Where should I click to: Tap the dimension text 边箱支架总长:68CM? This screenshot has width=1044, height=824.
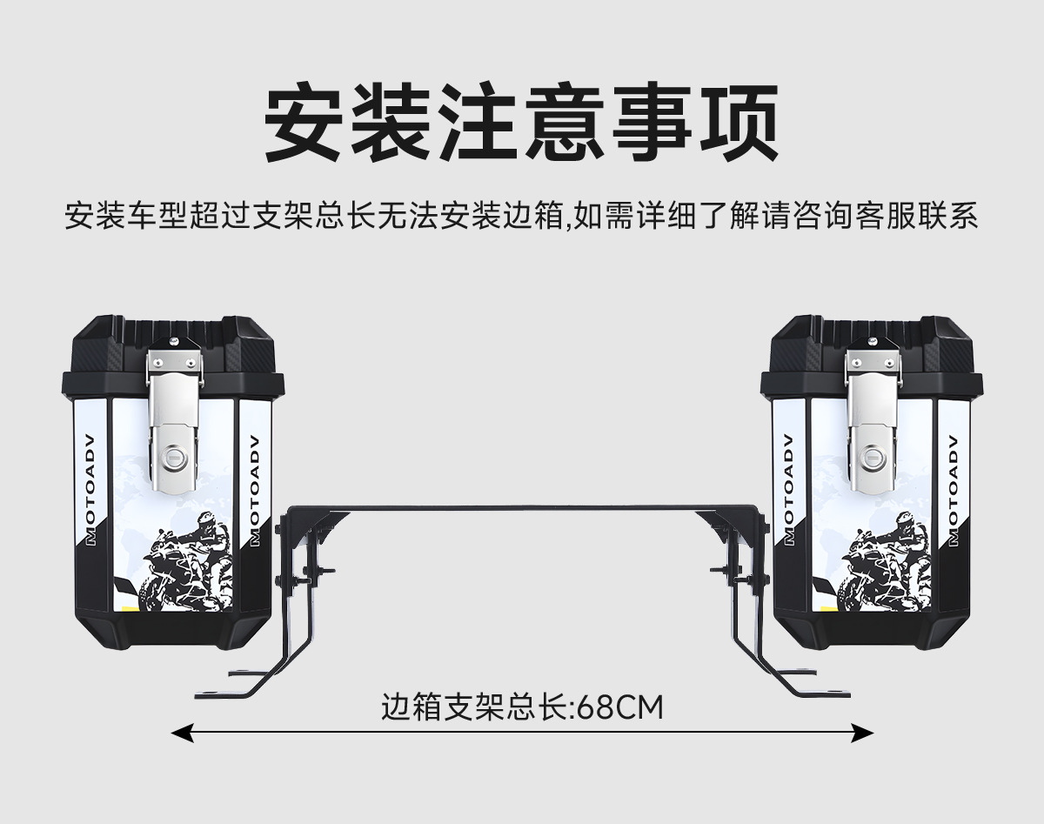click(x=522, y=707)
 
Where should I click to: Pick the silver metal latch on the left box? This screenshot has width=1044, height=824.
click(x=175, y=418)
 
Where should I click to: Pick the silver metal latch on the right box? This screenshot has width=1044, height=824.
click(x=872, y=418)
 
